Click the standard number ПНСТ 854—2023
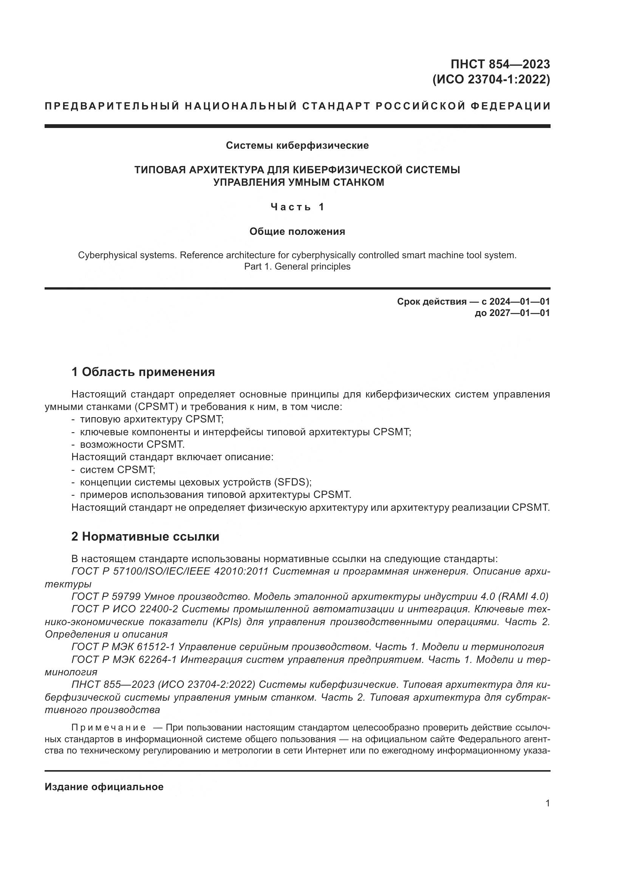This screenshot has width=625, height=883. tap(500, 64)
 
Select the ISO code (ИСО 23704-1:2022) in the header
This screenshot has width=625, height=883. tap(491, 80)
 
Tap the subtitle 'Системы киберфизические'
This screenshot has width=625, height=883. tap(297, 145)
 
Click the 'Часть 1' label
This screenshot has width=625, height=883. tap(297, 207)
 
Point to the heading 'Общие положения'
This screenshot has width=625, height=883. tap(297, 231)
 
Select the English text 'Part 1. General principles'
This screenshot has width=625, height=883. tap(297, 267)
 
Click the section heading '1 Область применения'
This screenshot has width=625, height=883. tap(143, 372)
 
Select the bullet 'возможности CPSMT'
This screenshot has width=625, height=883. tap(132, 444)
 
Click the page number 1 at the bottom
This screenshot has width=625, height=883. tap(547, 803)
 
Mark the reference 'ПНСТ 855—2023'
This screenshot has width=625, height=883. tap(112, 684)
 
